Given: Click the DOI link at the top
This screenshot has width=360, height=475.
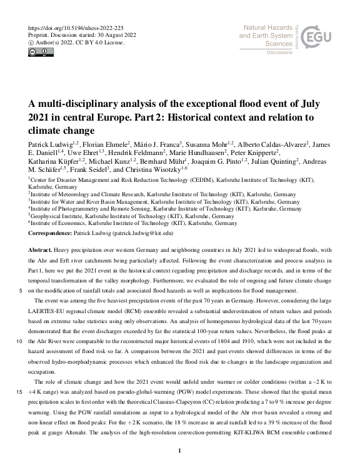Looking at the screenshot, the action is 72,27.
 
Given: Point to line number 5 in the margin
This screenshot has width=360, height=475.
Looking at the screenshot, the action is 22,291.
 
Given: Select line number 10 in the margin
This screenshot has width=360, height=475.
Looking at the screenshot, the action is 21,342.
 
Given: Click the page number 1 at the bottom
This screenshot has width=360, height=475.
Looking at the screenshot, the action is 180,450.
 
